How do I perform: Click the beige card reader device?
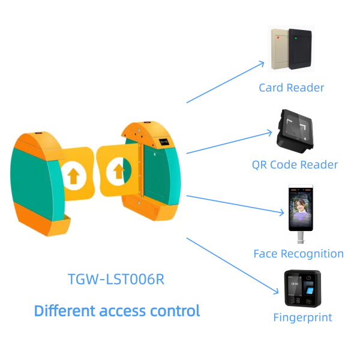279,49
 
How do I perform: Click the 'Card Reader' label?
291,88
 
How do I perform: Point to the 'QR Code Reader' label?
295,164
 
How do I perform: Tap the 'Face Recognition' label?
298,253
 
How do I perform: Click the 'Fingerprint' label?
302,317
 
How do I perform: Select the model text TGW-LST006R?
116,280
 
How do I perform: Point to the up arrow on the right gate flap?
118,172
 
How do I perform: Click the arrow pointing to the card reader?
225,82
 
